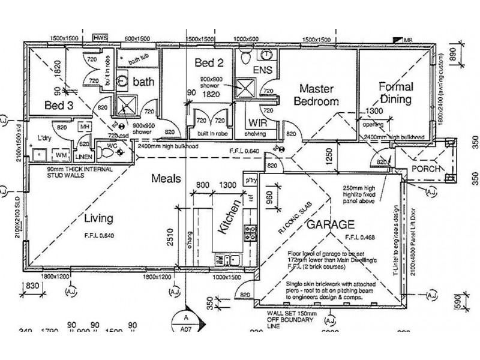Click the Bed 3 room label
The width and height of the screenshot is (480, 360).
tap(60, 106)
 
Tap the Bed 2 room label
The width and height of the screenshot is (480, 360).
tap(208, 62)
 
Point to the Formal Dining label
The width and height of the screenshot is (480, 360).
tap(395, 93)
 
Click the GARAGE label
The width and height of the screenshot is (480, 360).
tap(331, 226)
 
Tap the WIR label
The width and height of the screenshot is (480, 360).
tap(256, 124)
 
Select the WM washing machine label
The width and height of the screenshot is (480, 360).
tap(61, 155)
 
